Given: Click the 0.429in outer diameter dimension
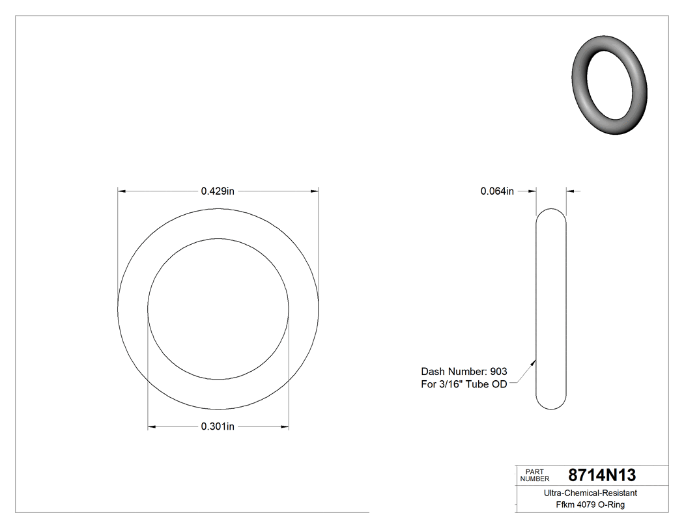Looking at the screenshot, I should pos(218,191).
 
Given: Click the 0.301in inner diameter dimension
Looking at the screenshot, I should pos(218,426).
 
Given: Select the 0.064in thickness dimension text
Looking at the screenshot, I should pos(497,191).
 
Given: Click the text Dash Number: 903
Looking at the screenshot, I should pos(464,371).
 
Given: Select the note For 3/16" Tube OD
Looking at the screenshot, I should pos(464,384).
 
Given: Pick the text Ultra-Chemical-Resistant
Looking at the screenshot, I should pos(590,493).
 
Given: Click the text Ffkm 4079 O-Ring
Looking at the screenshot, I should pos(590,505).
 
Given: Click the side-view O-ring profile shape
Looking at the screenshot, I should pos(551,309).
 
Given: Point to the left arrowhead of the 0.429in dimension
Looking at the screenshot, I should pos(121,191).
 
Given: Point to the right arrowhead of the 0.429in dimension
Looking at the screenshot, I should pos(315,191).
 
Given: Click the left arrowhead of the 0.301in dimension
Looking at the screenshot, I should pos(152,427).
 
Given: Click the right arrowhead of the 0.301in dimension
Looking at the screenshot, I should pos(285,427).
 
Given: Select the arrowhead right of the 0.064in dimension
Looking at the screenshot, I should pos(570,191).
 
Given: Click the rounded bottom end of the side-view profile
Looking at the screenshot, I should pos(551,406).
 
